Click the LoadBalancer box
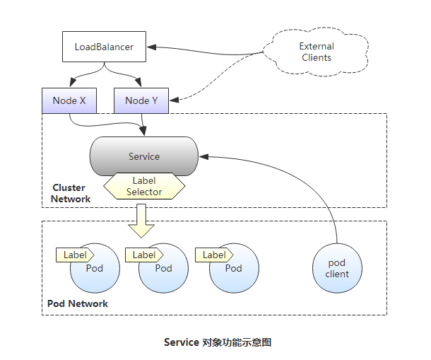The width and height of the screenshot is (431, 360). pos(104,48)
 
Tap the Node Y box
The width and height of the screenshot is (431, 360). pos(141,100)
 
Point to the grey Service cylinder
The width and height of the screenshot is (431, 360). pos(144,156)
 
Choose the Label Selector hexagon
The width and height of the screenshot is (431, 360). pos(144,186)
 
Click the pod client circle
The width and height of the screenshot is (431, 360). pos(337,269)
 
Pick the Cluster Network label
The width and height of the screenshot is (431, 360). pos(71,193)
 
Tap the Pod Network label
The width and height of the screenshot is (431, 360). pos(78,303)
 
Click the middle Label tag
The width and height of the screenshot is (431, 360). pos(144,255)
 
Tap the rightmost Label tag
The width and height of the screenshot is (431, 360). pos(214,255)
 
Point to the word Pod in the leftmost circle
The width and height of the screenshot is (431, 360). pos(95,269)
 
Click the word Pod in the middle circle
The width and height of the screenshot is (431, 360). pos(163,269)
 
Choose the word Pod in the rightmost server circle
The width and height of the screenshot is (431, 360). pos(233,269)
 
